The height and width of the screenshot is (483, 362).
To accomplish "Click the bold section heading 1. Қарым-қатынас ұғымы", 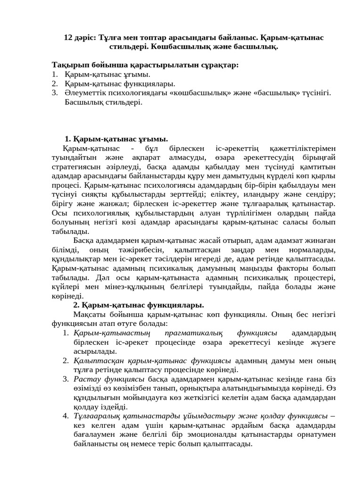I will [116, 139].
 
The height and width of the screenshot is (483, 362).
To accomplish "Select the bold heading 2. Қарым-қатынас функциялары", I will [139, 305].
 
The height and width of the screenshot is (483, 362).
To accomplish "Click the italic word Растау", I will [86, 379].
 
